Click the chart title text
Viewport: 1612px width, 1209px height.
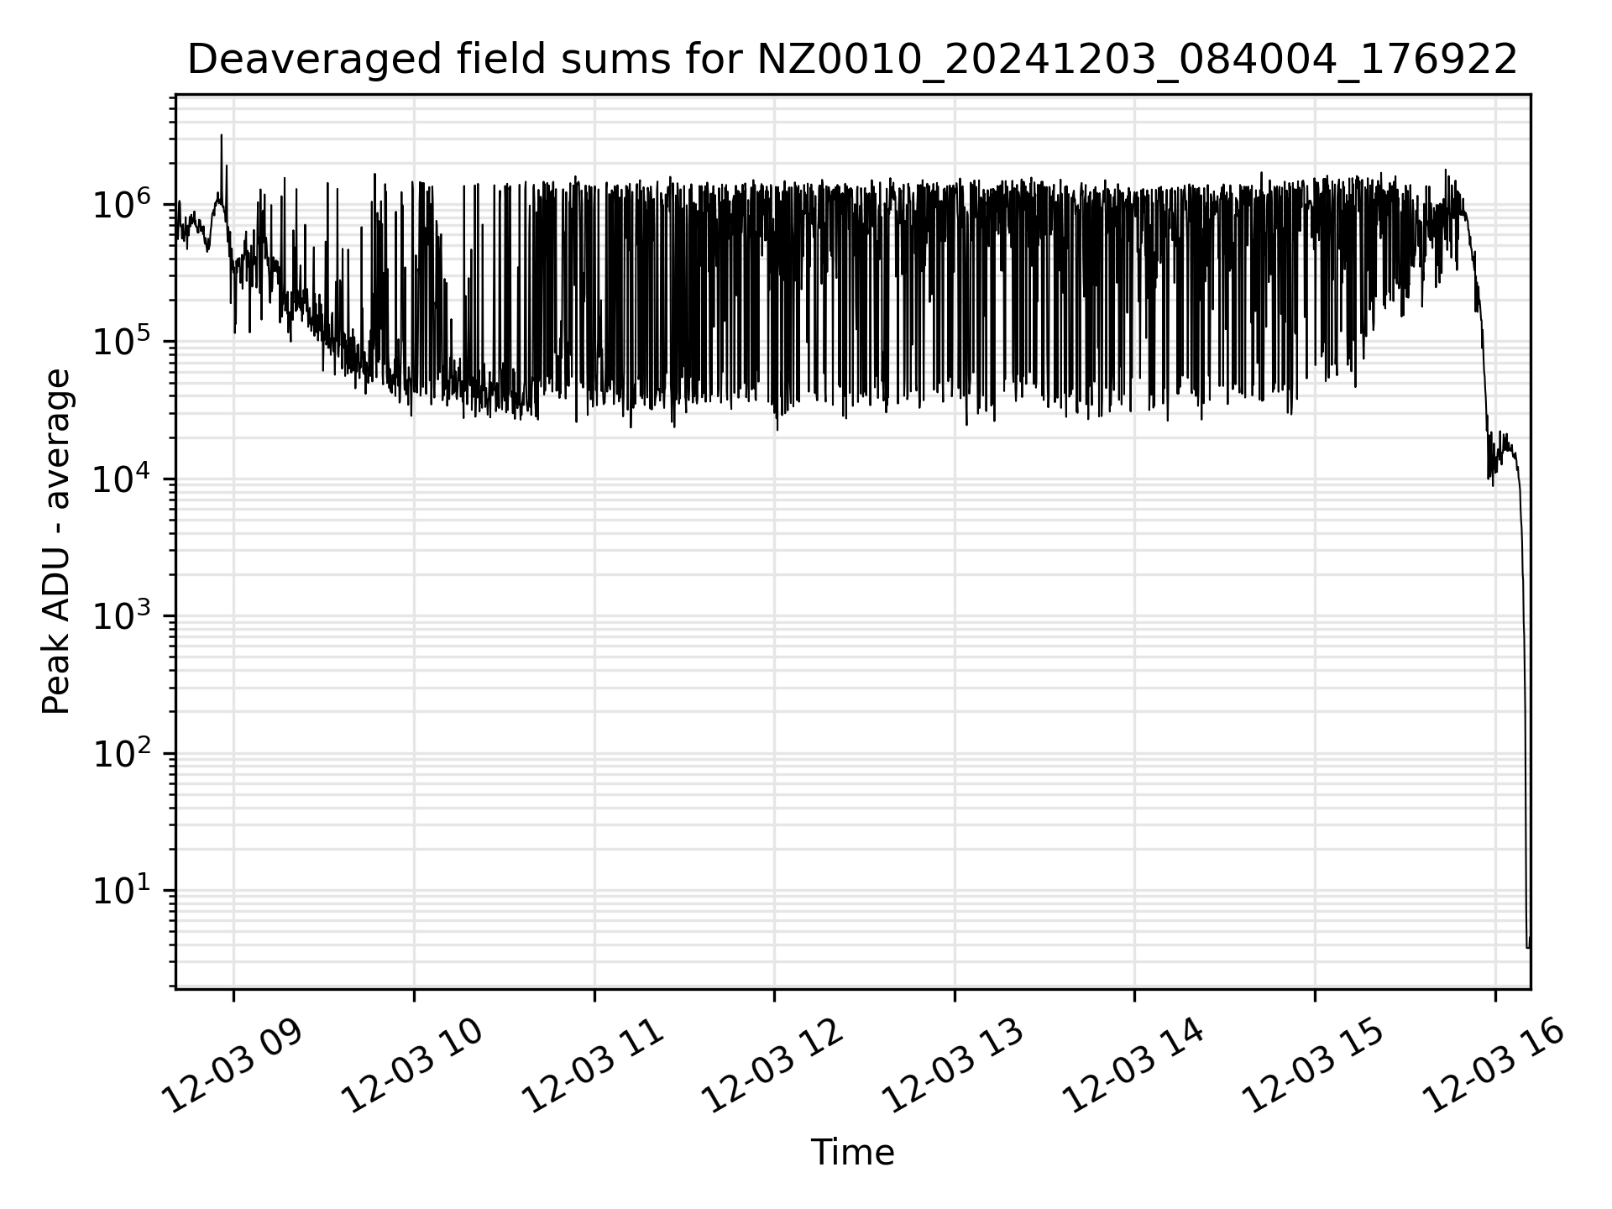tap(851, 60)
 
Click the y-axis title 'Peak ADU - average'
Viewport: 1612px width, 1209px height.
tap(57, 542)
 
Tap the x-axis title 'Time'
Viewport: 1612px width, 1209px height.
tap(852, 1153)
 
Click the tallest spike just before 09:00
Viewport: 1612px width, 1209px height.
tap(222, 135)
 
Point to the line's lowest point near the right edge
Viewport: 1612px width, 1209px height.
tap(1527, 947)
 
